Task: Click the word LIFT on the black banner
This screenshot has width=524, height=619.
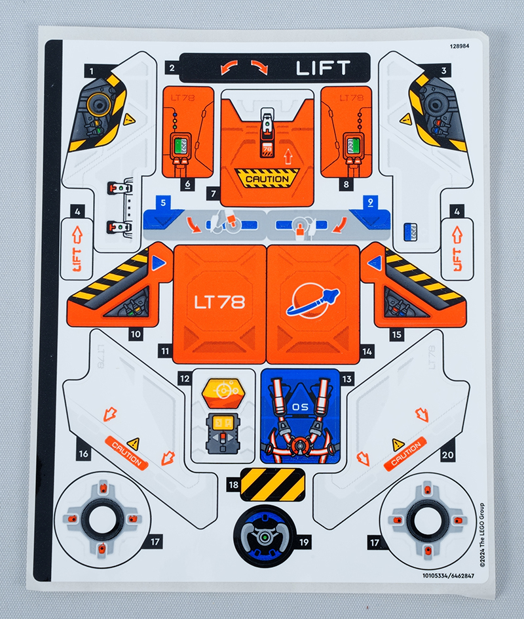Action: (x=323, y=68)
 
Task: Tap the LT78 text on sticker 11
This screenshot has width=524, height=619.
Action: (x=219, y=302)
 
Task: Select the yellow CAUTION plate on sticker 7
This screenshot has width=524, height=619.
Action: (x=267, y=178)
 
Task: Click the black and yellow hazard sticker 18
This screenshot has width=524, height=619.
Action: (x=273, y=485)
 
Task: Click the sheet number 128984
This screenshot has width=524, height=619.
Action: (x=462, y=47)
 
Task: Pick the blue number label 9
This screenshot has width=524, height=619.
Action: (x=371, y=201)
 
